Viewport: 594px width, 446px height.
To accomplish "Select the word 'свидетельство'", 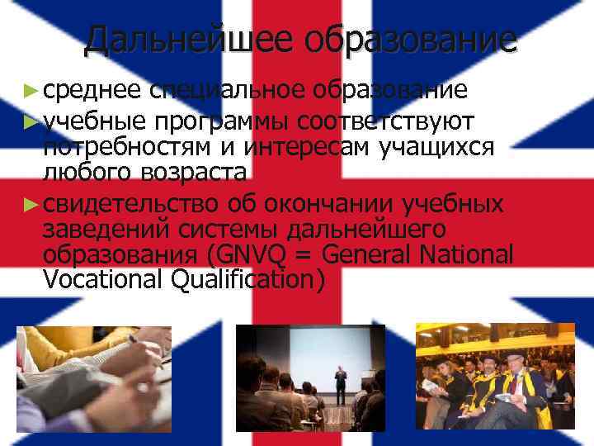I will tap(131, 202).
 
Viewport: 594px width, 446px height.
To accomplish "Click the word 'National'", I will tap(466, 253).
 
